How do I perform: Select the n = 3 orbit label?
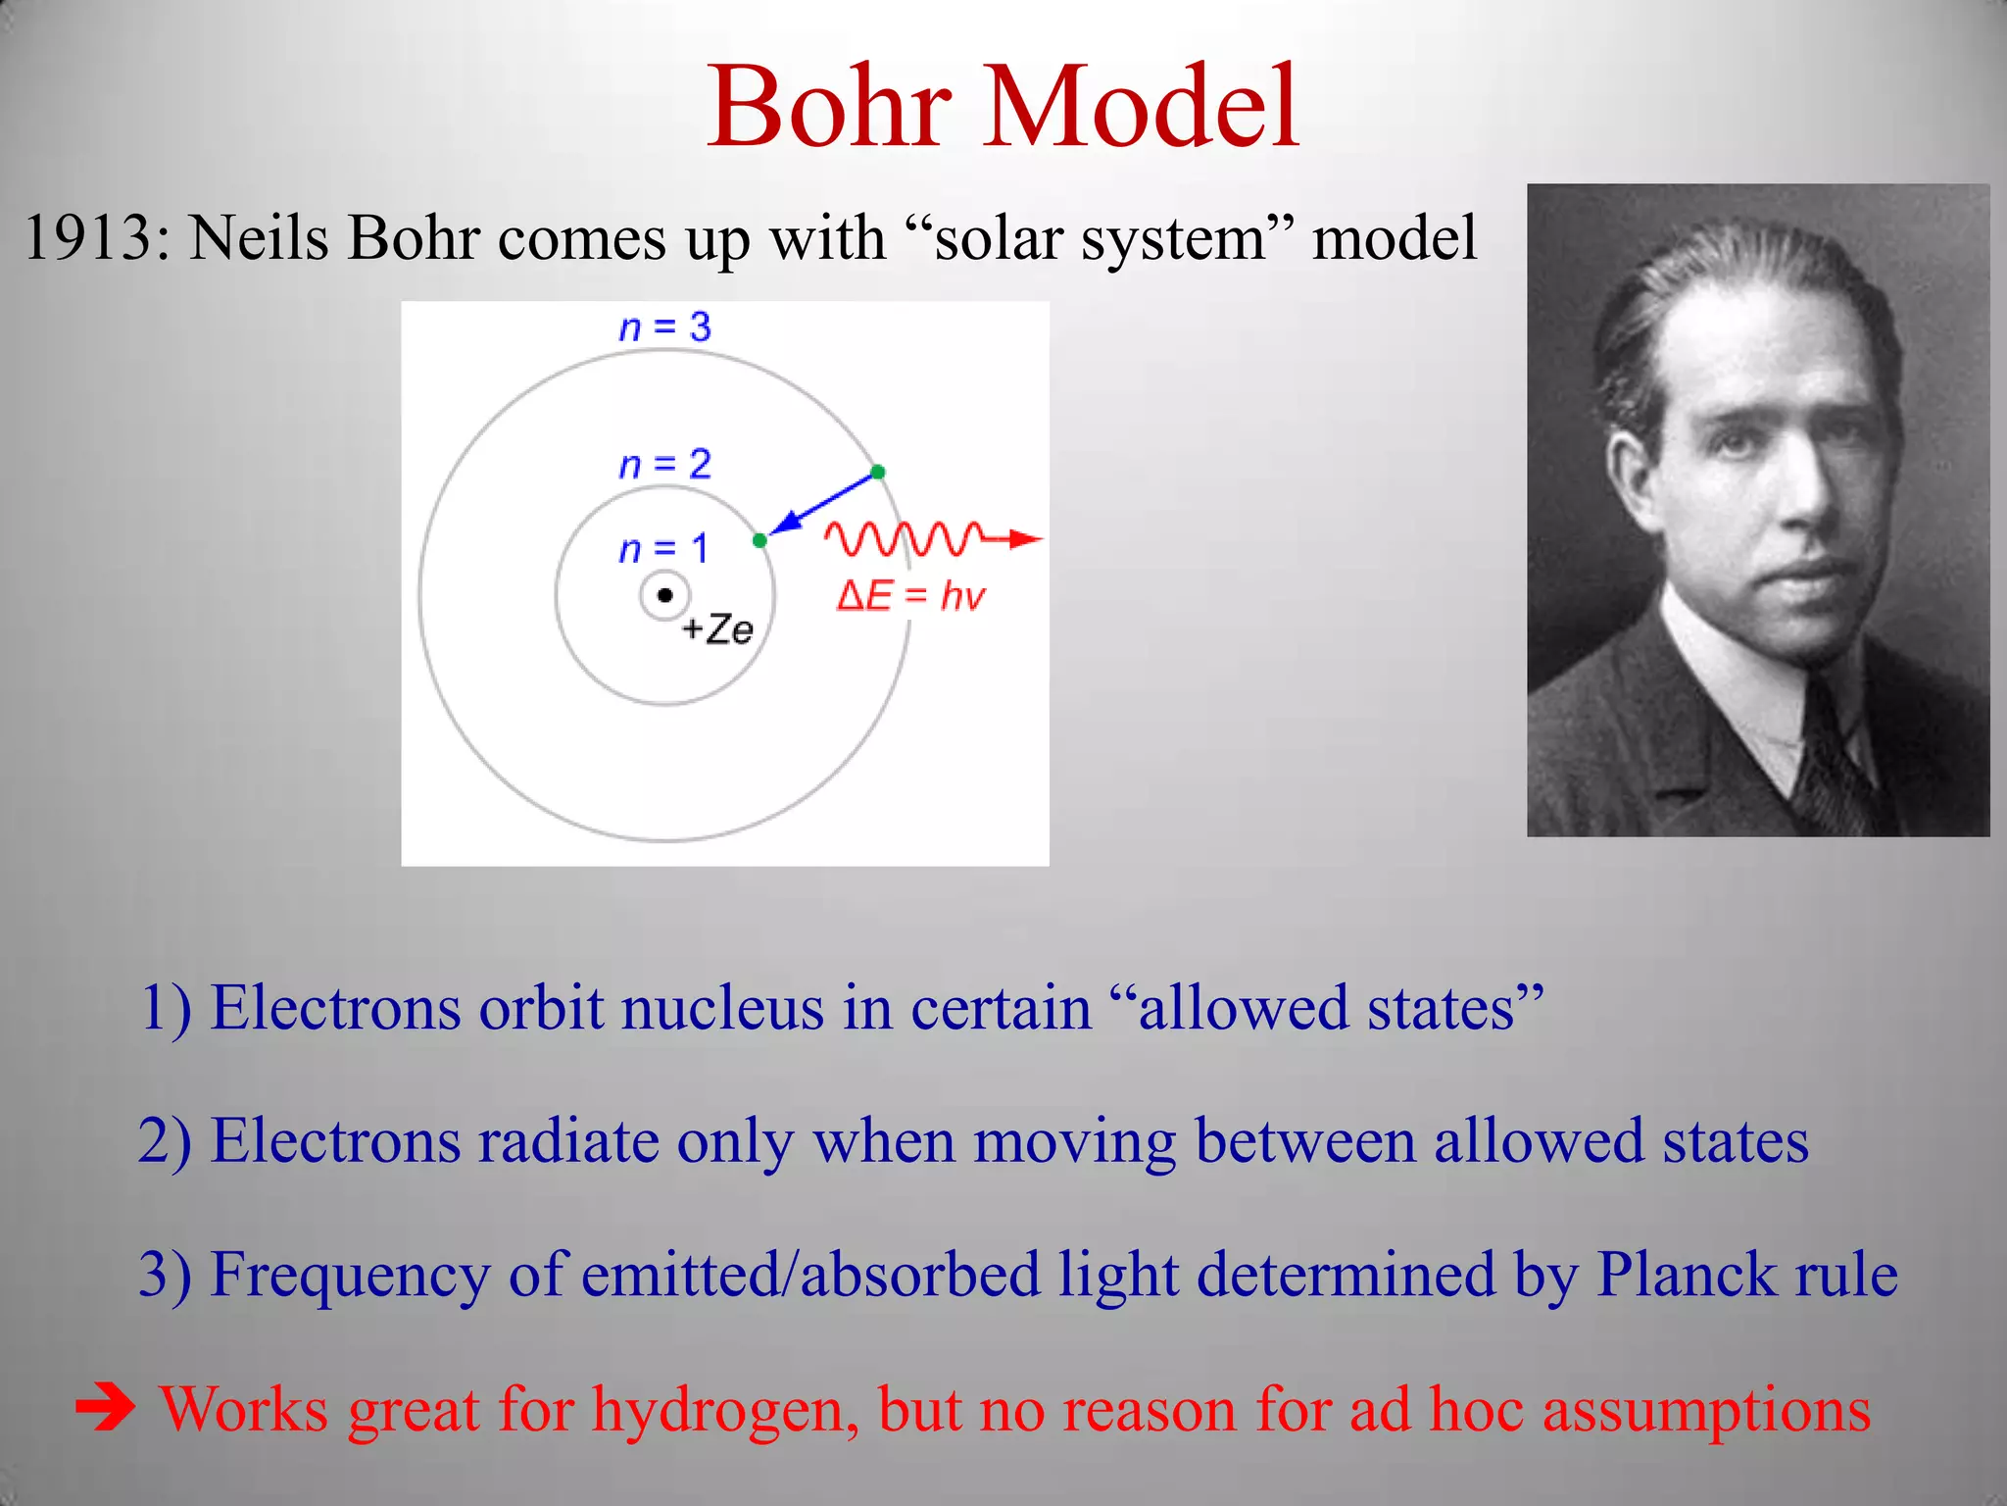coord(664,327)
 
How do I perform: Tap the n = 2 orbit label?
coord(664,465)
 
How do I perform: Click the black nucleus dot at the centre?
coord(665,595)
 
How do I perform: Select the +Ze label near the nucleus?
coord(717,629)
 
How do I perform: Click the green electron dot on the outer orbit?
coord(878,473)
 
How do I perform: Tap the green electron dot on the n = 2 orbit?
coord(759,540)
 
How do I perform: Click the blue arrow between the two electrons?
coord(821,505)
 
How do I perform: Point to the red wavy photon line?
coord(902,538)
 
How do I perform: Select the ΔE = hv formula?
coord(910,596)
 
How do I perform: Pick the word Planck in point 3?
coord(1686,1276)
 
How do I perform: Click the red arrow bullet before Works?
coord(106,1410)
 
